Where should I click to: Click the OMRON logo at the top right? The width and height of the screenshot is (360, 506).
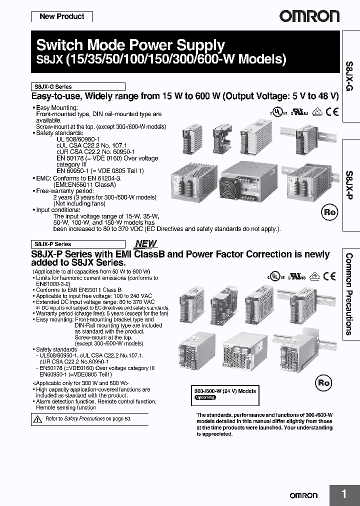[308, 16]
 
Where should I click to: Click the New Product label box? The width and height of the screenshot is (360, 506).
[61, 16]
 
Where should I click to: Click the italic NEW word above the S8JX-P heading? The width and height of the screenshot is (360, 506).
[146, 244]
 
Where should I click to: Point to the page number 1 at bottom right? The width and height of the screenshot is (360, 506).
[344, 494]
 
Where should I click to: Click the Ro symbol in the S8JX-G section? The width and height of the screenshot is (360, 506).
[329, 212]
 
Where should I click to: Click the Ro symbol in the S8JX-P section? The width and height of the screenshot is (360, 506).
[324, 383]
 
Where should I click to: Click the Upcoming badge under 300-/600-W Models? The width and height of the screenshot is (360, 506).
[204, 397]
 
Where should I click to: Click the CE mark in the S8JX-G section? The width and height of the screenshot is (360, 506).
[332, 111]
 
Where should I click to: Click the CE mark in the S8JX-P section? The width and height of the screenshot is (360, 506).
[329, 275]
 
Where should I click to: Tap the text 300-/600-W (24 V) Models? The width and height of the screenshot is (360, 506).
[225, 391]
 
